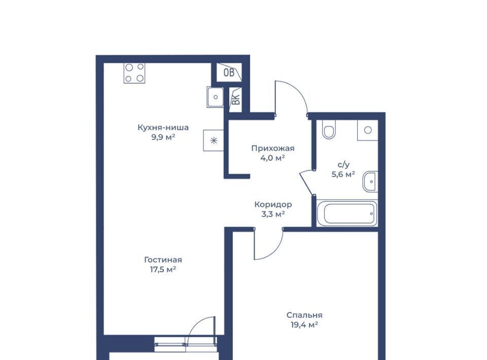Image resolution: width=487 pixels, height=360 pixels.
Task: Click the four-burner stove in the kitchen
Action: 134,73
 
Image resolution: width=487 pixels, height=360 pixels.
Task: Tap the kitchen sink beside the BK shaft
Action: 215,97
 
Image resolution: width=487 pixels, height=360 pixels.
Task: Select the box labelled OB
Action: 229,73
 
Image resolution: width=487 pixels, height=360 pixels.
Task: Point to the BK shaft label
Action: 236,99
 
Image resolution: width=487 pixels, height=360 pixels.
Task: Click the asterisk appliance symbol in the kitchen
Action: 214,141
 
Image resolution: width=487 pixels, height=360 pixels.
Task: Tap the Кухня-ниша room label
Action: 163,127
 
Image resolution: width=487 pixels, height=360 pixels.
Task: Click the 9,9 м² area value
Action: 163,137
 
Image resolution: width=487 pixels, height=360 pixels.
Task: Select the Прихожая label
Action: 273,149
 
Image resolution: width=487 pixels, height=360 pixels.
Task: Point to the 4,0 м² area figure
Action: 273,158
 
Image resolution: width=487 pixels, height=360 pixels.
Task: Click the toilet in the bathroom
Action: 329,129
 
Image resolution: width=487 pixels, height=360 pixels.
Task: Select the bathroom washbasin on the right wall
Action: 370,181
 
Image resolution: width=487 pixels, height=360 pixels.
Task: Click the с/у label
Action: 343,164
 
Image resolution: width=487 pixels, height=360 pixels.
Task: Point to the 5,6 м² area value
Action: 343,174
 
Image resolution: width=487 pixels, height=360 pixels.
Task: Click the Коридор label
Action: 273,204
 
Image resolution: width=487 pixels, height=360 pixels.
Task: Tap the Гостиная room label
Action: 163,260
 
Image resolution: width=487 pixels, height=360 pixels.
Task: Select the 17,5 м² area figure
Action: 163,269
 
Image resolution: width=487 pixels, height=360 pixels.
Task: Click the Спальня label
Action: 304,315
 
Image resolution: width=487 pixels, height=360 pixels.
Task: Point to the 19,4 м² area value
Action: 304,325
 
